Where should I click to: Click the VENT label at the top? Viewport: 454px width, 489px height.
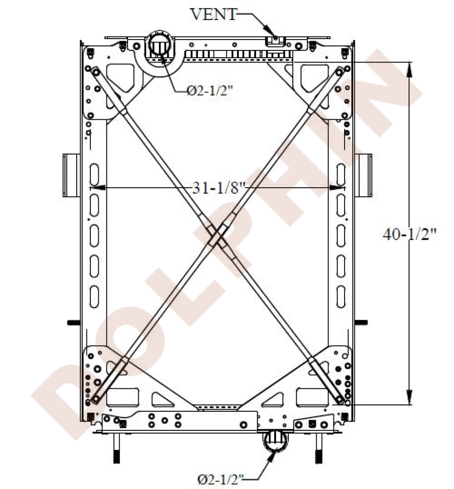pyautogui.click(x=214, y=14)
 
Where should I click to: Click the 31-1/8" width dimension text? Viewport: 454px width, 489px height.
pyautogui.click(x=219, y=188)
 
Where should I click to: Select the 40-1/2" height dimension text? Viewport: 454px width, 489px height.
pyautogui.click(x=410, y=234)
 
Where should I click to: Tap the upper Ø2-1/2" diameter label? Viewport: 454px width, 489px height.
pyautogui.click(x=210, y=91)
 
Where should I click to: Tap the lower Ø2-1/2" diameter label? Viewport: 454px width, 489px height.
pyautogui.click(x=220, y=479)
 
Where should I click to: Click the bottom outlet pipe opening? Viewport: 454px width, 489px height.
pyautogui.click(x=275, y=441)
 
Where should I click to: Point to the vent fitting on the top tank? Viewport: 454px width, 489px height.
pyautogui.click(x=275, y=41)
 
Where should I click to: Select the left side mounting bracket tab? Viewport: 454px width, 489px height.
pyautogui.click(x=71, y=175)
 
